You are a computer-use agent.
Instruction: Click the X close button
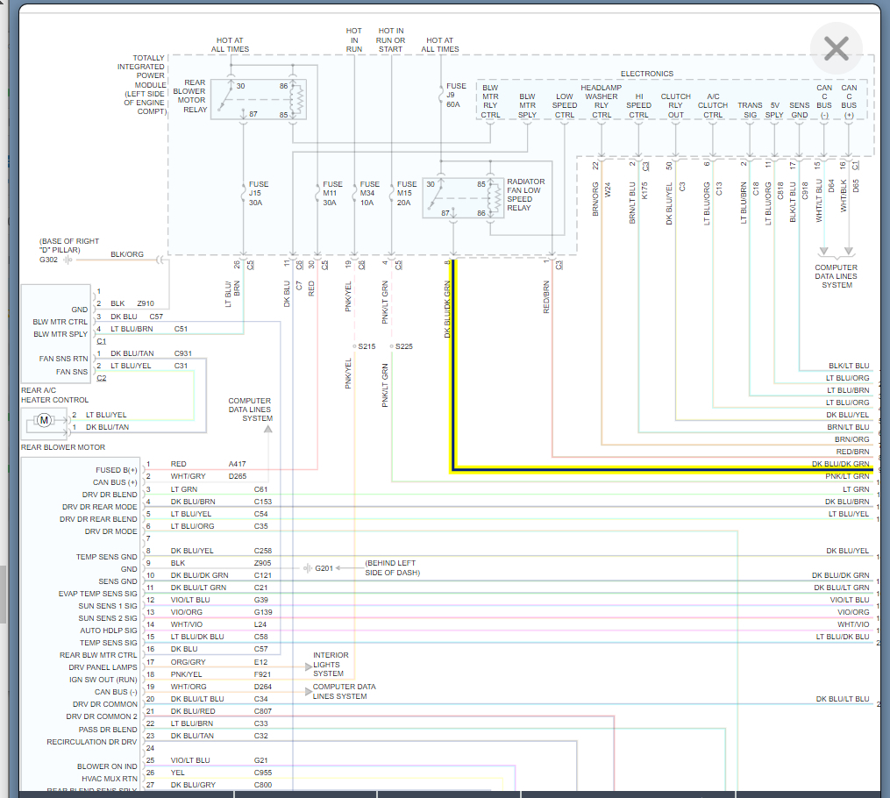coord(836,49)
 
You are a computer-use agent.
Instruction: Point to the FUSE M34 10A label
coord(369,193)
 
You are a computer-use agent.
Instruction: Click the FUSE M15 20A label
coord(406,193)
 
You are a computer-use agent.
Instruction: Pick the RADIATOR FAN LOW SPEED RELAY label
coord(525,195)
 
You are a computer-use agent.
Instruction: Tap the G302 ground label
coord(48,260)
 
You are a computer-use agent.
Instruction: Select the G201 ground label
coord(324,568)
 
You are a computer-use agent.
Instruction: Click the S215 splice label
coord(366,346)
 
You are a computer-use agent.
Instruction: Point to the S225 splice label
coord(403,346)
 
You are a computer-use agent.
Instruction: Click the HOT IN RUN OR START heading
coord(391,39)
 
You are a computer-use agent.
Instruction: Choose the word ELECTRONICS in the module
coord(647,74)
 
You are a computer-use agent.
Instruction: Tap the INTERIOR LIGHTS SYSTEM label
coord(331,664)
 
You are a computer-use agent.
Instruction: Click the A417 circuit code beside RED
coord(238,464)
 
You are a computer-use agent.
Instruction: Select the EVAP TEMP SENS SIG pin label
coord(97,594)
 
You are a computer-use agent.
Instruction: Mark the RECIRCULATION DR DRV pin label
coord(91,742)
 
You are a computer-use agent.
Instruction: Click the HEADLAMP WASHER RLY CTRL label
coord(601,101)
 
